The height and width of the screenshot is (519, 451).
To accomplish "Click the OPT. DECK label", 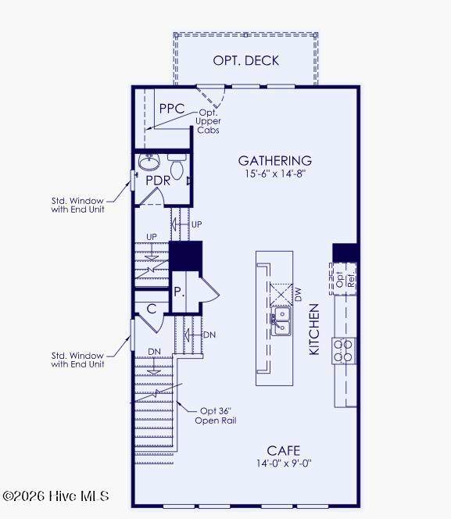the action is (246, 60).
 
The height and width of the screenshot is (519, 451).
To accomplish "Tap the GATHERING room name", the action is (275, 161).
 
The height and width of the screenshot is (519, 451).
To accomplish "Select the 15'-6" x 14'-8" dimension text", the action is (274, 174).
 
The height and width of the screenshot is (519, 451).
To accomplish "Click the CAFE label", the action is (284, 451).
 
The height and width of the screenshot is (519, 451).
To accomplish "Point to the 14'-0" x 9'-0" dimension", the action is (284, 463).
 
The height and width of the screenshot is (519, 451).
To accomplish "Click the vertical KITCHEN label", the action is (314, 329).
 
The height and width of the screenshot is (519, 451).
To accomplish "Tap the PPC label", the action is (172, 109).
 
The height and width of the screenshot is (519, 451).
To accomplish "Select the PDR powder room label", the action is (158, 181).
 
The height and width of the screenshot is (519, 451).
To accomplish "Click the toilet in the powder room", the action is (177, 166).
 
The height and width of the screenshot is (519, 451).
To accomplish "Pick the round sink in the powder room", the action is (149, 162).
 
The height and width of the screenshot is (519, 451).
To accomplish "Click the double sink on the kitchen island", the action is (281, 320).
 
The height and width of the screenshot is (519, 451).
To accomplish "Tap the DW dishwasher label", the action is (298, 294).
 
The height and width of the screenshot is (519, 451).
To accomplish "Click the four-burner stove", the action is (344, 351).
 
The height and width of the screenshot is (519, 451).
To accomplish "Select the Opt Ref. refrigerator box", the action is (343, 279).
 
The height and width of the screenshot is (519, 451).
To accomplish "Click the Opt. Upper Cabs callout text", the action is (208, 121).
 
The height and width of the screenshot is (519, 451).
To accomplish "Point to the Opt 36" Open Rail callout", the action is (216, 416).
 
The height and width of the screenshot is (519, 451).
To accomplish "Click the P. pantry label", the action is (179, 292).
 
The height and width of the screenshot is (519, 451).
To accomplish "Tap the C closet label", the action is (152, 309).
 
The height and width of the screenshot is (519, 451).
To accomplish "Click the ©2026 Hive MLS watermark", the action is (55, 496).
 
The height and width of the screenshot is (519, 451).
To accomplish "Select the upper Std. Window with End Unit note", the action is (77, 206).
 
